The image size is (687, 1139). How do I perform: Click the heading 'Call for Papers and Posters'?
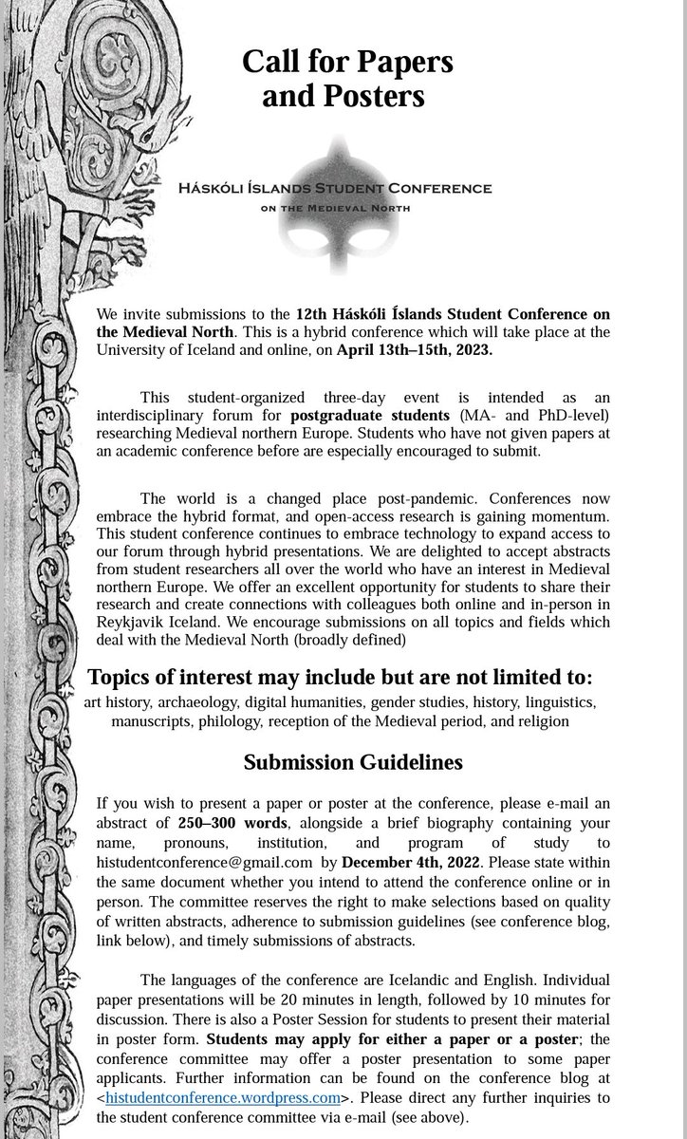[347, 79]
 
